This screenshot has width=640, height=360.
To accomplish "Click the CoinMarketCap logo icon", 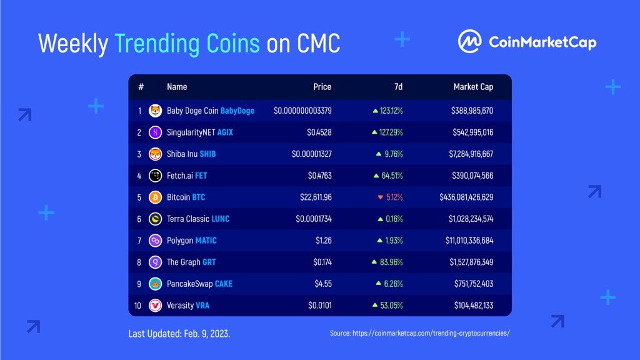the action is pyautogui.click(x=469, y=41).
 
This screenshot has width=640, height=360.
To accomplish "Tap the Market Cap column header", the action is pyautogui.click(x=473, y=86).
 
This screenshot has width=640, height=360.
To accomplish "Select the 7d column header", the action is pyautogui.click(x=398, y=86).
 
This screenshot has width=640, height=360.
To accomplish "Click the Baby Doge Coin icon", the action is pyautogui.click(x=155, y=111).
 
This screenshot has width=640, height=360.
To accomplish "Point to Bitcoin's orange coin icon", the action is pyautogui.click(x=155, y=197).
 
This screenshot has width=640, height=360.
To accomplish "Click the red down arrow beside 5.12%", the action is pyautogui.click(x=381, y=197).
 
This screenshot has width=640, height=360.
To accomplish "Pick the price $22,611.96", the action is pyautogui.click(x=316, y=197).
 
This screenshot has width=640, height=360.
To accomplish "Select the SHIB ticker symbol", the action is pyautogui.click(x=207, y=154).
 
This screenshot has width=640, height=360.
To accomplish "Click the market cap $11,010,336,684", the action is pyautogui.click(x=469, y=241).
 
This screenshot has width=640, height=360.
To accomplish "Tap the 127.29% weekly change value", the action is pyautogui.click(x=391, y=132).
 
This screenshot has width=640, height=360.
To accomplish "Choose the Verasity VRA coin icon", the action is pyautogui.click(x=155, y=305).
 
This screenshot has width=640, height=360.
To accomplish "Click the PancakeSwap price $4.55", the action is pyautogui.click(x=323, y=284).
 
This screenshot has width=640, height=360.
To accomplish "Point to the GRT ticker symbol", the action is pyautogui.click(x=209, y=262).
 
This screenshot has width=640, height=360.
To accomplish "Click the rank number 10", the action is pyautogui.click(x=137, y=305).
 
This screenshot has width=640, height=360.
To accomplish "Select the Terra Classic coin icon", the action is pyautogui.click(x=155, y=219).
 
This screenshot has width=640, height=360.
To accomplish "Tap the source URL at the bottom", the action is pyautogui.click(x=431, y=333).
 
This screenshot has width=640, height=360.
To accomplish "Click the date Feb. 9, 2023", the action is pyautogui.click(x=207, y=334).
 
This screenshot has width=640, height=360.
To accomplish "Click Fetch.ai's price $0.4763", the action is pyautogui.click(x=320, y=176).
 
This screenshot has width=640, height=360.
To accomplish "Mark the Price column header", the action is pyautogui.click(x=322, y=86).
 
